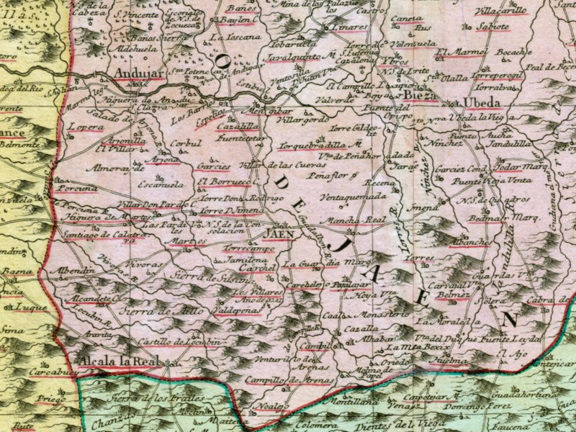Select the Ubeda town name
click(x=482, y=102)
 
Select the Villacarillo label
click(x=502, y=12)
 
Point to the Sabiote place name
click(x=493, y=27)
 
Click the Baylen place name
click(x=239, y=19)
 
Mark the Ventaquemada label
click(x=353, y=195)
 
